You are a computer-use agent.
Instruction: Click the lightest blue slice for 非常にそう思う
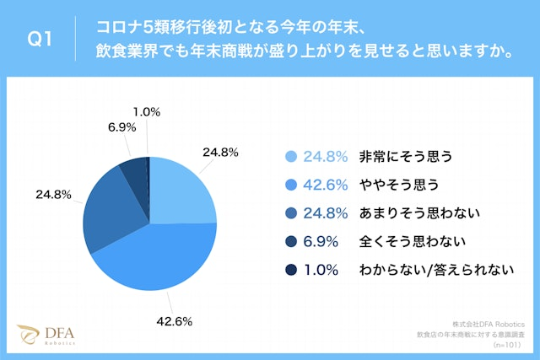coord(181,190)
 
